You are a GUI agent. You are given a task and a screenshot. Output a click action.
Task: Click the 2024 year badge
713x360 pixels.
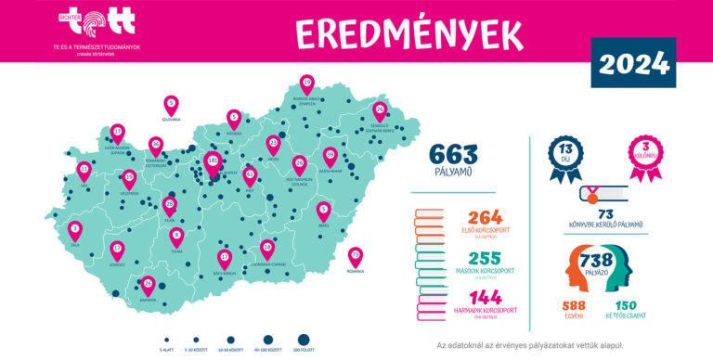(x=633, y=63)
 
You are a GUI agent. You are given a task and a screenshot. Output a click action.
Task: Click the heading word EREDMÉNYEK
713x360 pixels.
(x=408, y=33)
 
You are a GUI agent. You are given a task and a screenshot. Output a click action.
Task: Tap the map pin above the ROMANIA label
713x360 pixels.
(x=355, y=256)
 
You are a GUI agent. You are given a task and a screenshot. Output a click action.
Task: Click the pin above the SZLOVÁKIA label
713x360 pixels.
(x=171, y=105)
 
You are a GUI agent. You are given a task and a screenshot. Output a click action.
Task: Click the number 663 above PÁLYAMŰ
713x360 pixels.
(x=454, y=154)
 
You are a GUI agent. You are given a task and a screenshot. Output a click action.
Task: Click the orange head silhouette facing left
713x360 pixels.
(x=577, y=266)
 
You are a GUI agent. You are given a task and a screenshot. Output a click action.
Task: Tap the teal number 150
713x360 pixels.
(x=625, y=305)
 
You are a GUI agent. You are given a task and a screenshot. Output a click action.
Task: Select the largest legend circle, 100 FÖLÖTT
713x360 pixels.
(x=302, y=340)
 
